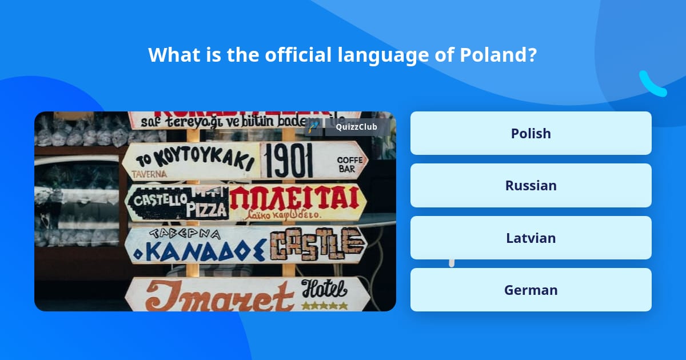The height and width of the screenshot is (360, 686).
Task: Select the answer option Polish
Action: click(531, 133)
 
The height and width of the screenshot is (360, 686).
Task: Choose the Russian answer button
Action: click(531, 186)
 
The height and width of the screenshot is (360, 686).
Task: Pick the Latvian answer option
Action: click(531, 238)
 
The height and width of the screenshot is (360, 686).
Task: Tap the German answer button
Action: click(531, 290)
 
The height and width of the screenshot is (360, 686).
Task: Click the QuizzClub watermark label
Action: click(356, 127)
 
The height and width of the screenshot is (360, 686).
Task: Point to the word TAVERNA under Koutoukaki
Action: click(149, 174)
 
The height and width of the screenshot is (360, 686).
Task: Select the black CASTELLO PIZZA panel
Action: click(177, 203)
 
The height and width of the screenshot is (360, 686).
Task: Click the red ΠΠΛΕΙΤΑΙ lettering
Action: click(297, 198)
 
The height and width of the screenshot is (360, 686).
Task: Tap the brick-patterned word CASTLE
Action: click(317, 244)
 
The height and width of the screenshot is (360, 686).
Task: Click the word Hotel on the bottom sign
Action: click(324, 289)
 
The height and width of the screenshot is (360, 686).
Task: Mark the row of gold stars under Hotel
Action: click(324, 306)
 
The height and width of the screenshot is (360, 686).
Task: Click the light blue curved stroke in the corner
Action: click(652, 85)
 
